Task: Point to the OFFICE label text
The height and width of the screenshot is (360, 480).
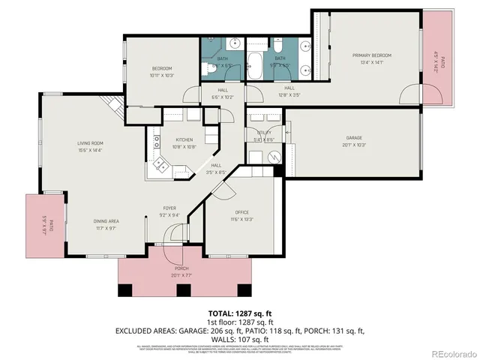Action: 241,212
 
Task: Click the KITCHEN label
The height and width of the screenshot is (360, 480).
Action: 184,139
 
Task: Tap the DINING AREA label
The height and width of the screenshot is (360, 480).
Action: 106,221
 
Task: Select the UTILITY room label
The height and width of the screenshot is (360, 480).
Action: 264,132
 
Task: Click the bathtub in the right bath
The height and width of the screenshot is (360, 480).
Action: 256,66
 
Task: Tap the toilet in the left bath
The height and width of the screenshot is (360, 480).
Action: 207,70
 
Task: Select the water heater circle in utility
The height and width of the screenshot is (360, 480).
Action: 273,157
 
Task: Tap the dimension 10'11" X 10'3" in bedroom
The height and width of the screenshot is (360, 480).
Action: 161,75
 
